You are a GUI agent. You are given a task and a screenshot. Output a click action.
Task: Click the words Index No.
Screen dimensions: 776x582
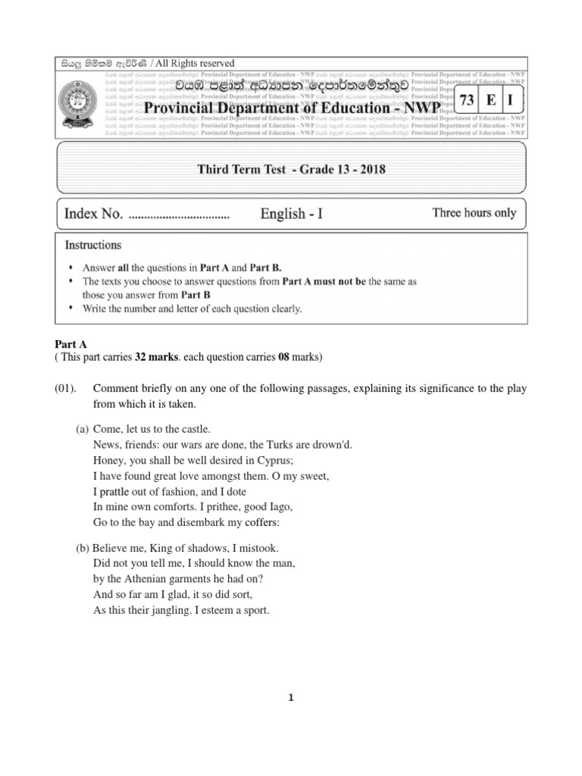[x=93, y=214]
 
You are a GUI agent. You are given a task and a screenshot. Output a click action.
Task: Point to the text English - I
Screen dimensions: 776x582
[x=292, y=214]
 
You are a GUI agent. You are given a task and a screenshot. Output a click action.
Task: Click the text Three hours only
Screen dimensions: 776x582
[x=474, y=213]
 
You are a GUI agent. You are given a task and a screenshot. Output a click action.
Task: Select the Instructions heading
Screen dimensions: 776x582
[x=92, y=246]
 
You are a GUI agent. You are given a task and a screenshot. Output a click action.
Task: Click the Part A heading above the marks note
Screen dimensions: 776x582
[x=72, y=344]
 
